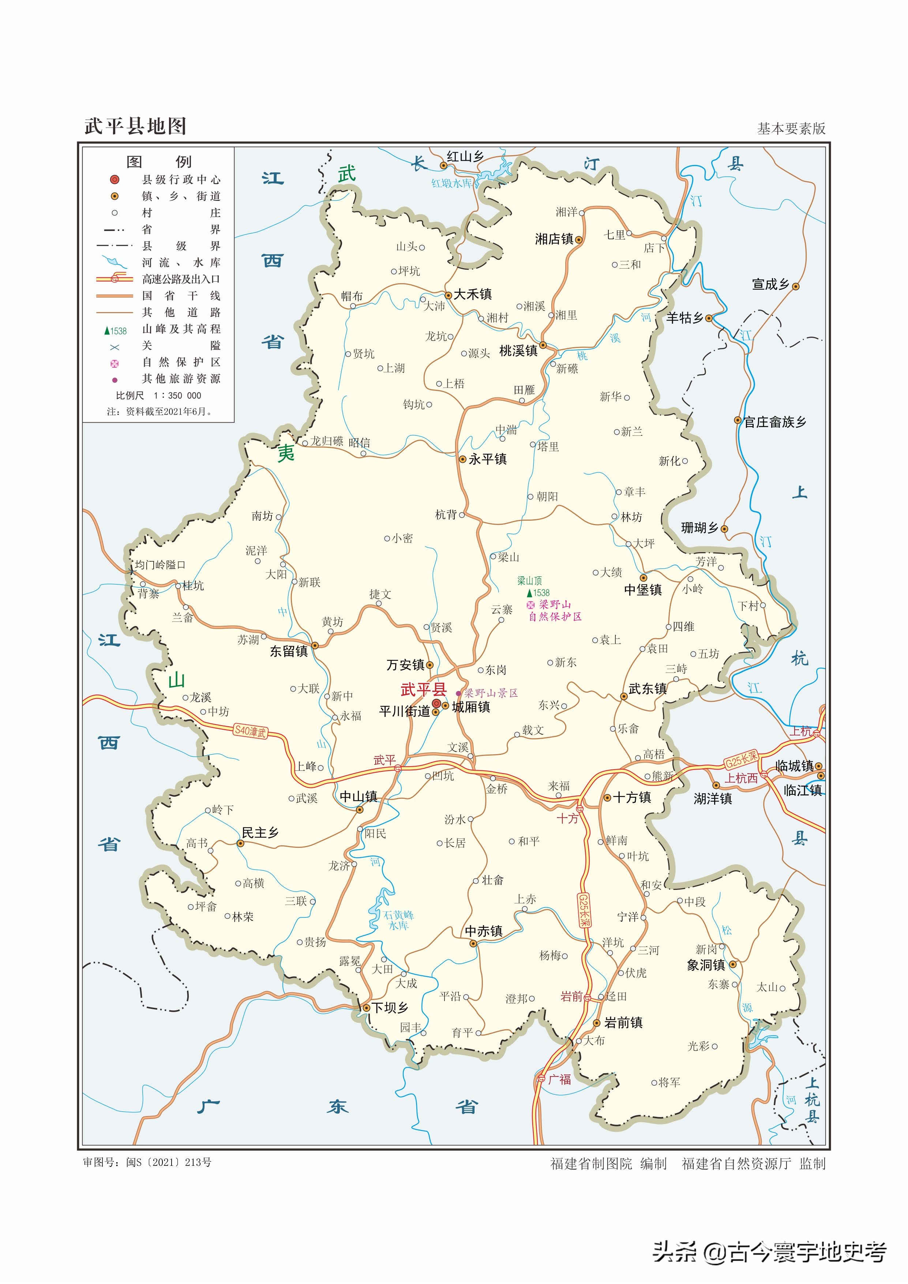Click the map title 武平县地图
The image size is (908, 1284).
135,126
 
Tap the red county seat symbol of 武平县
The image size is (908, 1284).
437,704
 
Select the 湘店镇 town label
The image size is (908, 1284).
554,239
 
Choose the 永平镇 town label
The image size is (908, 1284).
488,459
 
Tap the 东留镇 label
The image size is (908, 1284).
289,651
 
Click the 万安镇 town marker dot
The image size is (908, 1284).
430,665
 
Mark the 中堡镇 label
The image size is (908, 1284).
643,589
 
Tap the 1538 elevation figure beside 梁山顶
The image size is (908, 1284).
541,593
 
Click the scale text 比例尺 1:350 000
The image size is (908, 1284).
158,396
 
